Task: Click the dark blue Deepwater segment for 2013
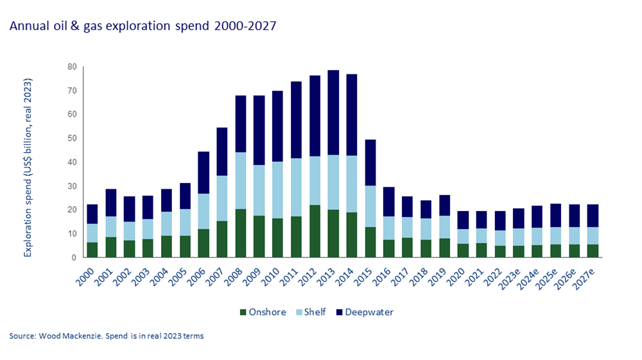pyautogui.click(x=333, y=113)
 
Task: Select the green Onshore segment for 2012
pyautogui.click(x=315, y=231)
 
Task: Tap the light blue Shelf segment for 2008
pyautogui.click(x=241, y=181)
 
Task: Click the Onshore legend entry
pyautogui.click(x=266, y=313)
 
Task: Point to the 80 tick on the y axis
pyautogui.click(x=72, y=67)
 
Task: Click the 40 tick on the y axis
pyautogui.click(x=72, y=162)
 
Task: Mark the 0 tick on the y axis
pyautogui.click(x=74, y=257)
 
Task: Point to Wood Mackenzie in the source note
pyautogui.click(x=67, y=336)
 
